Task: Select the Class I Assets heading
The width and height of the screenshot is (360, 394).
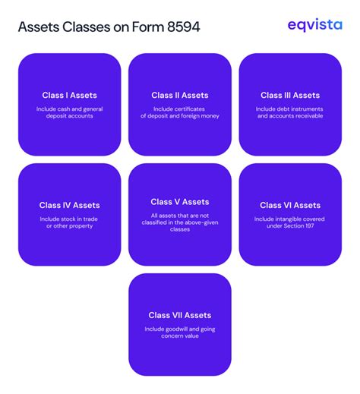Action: pyautogui.click(x=70, y=96)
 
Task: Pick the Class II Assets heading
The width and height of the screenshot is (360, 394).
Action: pyautogui.click(x=180, y=96)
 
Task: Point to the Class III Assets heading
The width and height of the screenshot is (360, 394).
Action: pyautogui.click(x=290, y=96)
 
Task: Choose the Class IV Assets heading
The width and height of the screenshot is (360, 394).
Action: pyautogui.click(x=70, y=205)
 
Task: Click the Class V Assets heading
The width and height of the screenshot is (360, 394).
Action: pyautogui.click(x=180, y=202)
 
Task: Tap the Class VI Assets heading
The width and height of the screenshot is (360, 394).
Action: pyautogui.click(x=290, y=205)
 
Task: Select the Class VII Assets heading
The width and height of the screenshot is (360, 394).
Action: pyautogui.click(x=180, y=315)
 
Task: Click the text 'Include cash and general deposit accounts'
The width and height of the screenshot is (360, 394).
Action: pyautogui.click(x=70, y=112)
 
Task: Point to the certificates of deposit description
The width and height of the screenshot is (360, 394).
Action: pyautogui.click(x=180, y=112)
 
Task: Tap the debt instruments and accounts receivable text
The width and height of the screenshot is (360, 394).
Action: pyautogui.click(x=290, y=112)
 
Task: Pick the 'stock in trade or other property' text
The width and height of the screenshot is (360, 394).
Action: pyautogui.click(x=70, y=222)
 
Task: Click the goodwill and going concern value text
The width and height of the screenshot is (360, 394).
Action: pyautogui.click(x=180, y=333)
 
